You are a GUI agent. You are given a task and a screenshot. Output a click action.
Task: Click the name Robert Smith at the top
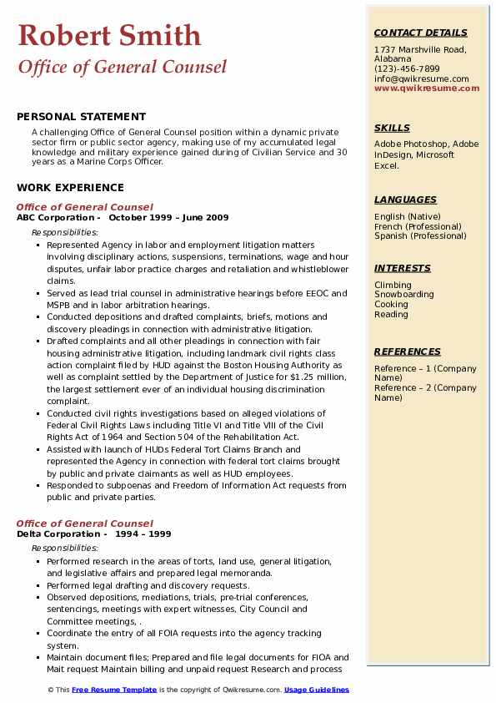click(x=109, y=35)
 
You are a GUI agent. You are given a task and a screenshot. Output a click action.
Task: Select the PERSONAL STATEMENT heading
click(x=81, y=117)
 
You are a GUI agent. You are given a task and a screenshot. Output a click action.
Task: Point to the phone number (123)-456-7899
click(x=407, y=69)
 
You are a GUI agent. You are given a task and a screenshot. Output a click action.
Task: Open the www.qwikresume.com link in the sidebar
click(x=426, y=88)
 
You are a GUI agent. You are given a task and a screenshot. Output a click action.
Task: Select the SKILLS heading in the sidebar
click(x=392, y=128)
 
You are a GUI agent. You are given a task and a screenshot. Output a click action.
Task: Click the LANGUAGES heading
click(x=405, y=200)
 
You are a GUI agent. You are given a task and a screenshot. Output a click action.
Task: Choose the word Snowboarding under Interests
click(x=403, y=295)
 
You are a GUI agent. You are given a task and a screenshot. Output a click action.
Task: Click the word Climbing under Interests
click(x=392, y=285)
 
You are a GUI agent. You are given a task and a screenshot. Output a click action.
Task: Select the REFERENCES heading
click(x=408, y=351)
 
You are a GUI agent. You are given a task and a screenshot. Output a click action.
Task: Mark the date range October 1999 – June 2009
click(x=168, y=217)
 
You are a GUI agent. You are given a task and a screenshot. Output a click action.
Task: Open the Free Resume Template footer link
click(x=113, y=690)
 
